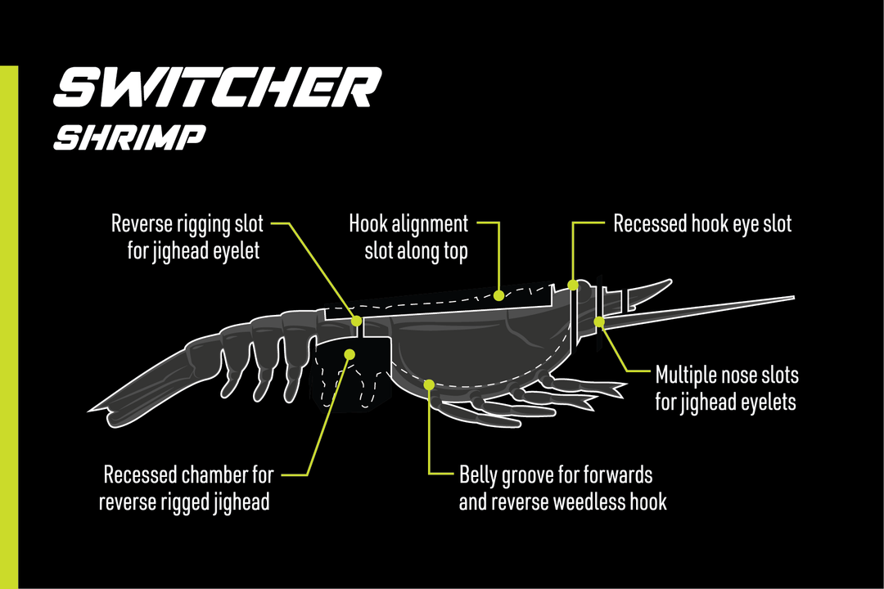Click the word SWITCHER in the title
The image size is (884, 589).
[217, 88]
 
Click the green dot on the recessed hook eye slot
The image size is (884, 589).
[573, 285]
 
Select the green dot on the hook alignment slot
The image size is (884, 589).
[498, 294]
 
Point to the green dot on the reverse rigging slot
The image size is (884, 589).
[356, 321]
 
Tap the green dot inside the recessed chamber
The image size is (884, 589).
[350, 354]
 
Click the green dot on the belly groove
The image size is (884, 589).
[429, 384]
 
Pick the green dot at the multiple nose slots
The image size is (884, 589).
[599, 321]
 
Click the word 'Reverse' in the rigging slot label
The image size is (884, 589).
[144, 223]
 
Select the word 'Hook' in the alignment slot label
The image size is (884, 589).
[367, 223]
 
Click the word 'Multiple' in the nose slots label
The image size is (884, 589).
[686, 375]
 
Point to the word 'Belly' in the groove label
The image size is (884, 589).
[477, 474]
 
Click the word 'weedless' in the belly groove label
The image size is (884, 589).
[584, 501]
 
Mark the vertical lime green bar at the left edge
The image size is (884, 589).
[9, 327]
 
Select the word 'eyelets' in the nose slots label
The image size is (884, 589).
[764, 402]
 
